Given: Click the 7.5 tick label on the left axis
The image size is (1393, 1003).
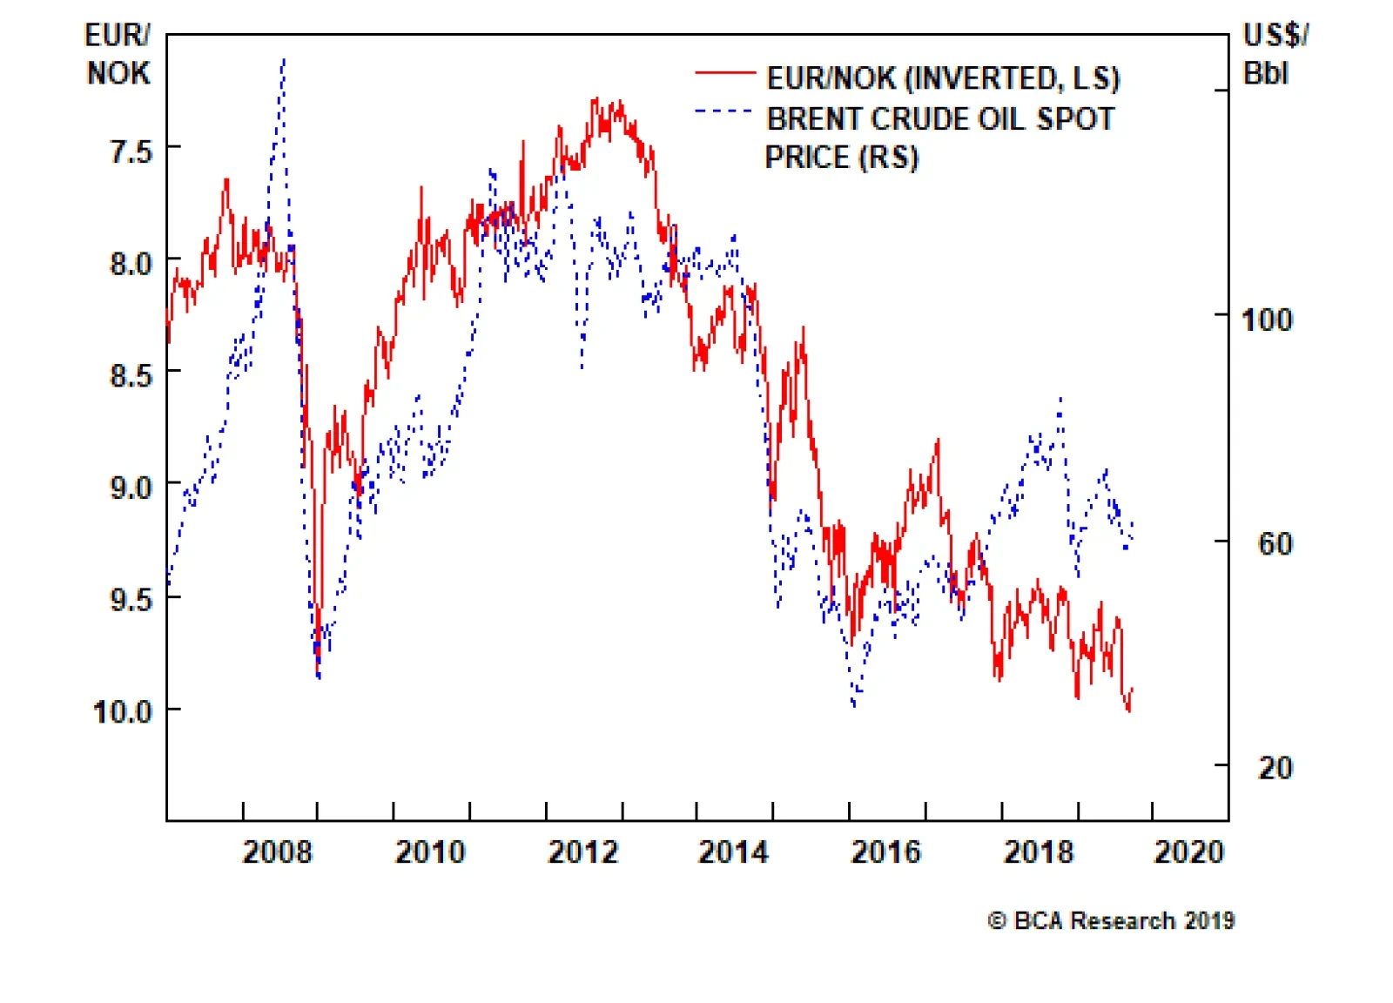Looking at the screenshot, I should click(131, 151).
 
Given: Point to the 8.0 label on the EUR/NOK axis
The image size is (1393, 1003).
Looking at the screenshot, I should click(131, 263).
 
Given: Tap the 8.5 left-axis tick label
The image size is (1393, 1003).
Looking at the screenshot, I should click(131, 375).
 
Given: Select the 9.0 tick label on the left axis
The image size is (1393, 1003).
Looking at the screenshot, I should click(131, 488).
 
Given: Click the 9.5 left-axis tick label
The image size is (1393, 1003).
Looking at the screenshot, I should click(131, 600).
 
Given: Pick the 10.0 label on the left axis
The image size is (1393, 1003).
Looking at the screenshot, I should click(123, 712).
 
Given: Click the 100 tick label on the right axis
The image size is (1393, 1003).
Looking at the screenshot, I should click(1267, 320).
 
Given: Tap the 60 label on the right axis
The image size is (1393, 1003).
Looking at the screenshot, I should click(1275, 544).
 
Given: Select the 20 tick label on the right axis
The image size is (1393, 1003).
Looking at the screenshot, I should click(1275, 768).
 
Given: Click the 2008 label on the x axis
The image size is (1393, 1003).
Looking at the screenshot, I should click(277, 852).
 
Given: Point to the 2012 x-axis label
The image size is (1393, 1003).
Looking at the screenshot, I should click(582, 852).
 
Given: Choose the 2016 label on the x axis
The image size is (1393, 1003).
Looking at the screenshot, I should click(885, 852).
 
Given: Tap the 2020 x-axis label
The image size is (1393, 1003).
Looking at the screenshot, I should click(1188, 852).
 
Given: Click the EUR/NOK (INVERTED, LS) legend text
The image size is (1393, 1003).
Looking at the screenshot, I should click(943, 78).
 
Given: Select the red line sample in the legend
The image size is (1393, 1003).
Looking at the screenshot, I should click(724, 73).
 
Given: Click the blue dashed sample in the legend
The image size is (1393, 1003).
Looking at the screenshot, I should click(724, 111).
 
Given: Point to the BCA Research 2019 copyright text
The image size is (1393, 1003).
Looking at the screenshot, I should click(1111, 920).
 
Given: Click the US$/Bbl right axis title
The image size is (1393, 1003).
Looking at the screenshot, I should click(1275, 54).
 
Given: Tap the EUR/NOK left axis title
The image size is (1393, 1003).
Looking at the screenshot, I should click(118, 54).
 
